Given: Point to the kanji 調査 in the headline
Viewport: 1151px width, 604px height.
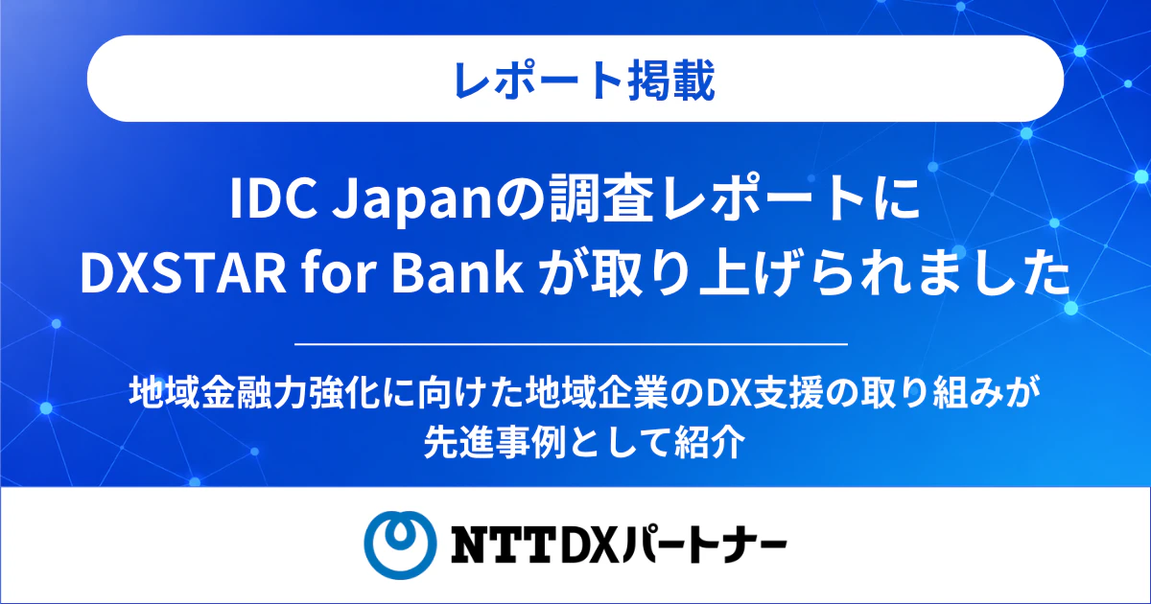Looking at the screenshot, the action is click(593, 200).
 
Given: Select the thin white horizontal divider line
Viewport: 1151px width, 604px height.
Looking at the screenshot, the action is click(571, 344).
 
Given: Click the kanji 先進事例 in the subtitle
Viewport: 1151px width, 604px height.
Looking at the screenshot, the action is click(494, 442).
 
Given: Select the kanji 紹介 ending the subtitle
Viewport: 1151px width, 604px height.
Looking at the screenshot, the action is click(709, 442).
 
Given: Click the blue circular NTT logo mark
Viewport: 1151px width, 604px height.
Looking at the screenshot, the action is click(400, 545).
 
